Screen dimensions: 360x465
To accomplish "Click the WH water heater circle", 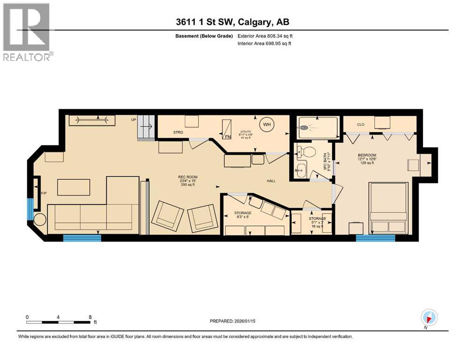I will point(266,124).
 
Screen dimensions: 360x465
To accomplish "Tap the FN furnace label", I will point(228,137).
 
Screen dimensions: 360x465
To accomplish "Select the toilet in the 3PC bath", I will point(310,152).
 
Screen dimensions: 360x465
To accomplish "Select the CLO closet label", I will point(360,125).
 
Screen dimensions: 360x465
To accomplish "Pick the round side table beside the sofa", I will point(39,220).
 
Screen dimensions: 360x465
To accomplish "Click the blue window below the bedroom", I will point(375,238).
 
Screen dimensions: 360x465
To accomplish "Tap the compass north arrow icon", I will point(428,316).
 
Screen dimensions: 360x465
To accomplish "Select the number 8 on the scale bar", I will point(90,317).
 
